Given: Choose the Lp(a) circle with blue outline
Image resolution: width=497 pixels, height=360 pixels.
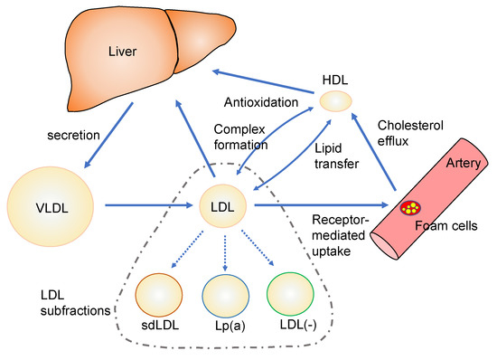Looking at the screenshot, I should [226, 296].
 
